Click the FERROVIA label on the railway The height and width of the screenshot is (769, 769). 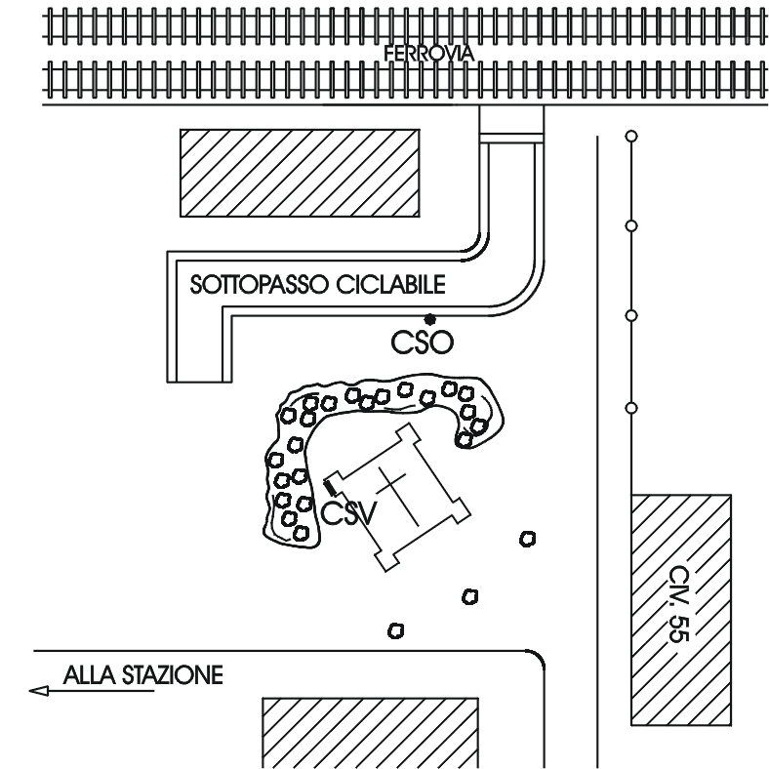[429, 55]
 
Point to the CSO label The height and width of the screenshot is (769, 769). [422, 344]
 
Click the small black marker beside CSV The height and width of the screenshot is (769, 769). [330, 483]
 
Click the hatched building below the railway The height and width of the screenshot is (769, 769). [299, 173]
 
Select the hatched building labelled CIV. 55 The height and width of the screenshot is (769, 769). [681, 610]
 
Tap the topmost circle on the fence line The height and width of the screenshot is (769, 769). [630, 135]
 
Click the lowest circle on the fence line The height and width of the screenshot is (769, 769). [630, 406]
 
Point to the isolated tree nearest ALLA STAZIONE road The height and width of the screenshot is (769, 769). [396, 630]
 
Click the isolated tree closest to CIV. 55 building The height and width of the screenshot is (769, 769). [527, 539]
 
